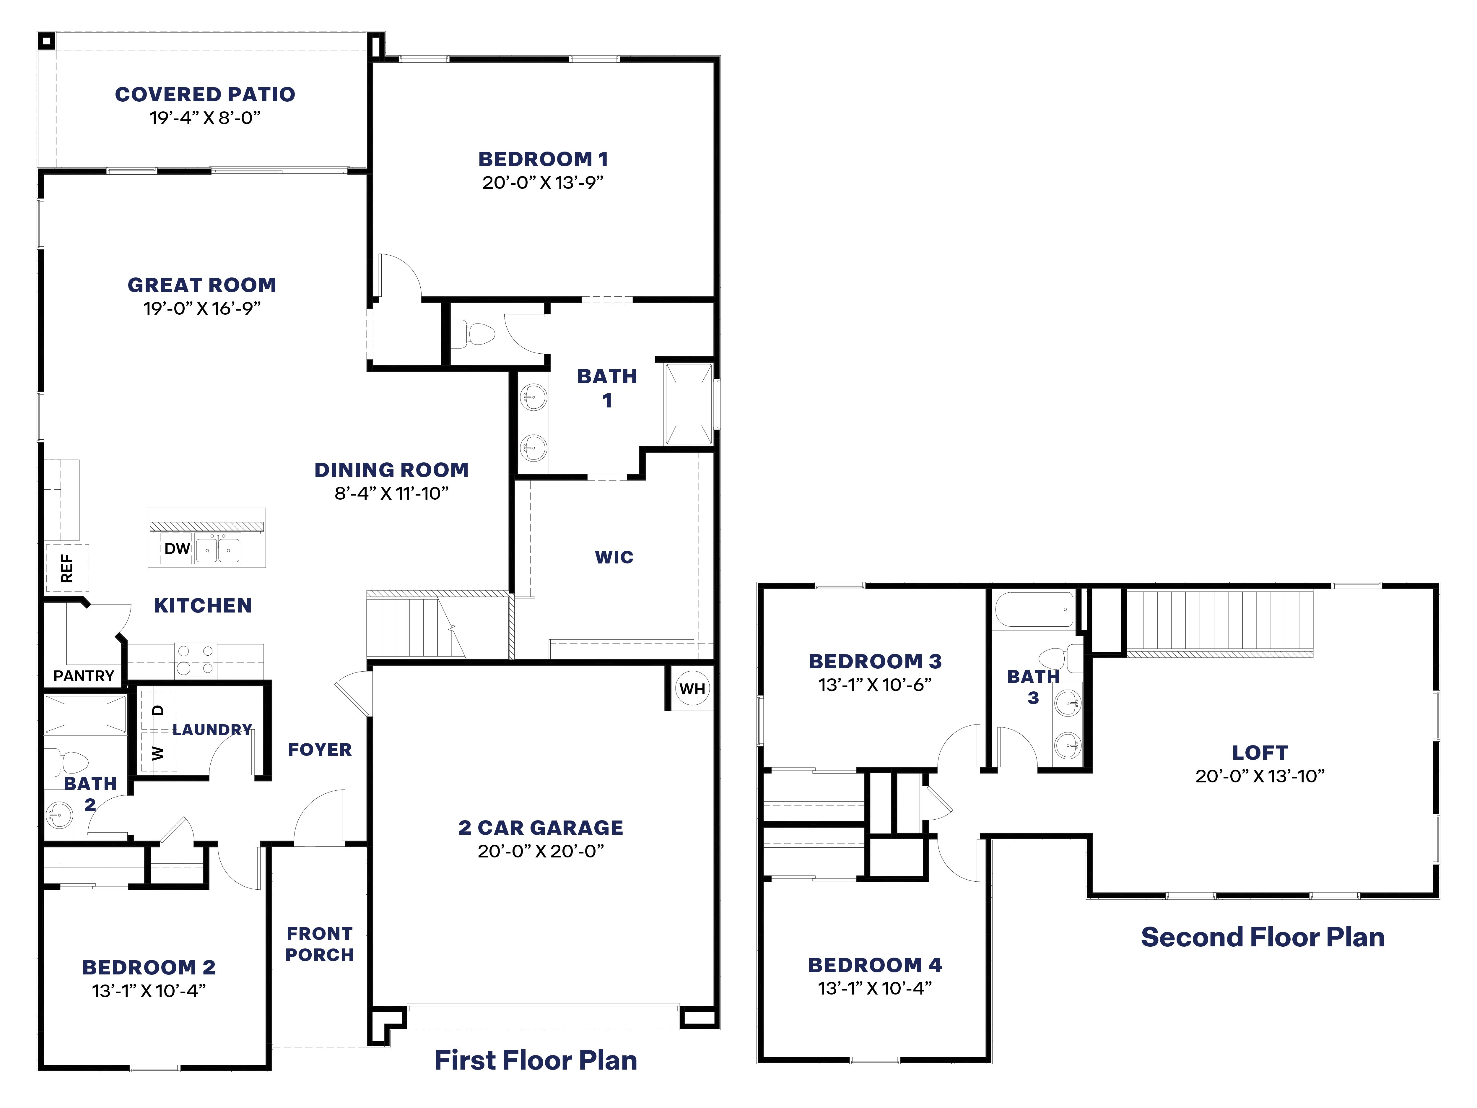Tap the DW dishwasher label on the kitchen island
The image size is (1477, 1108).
point(177,548)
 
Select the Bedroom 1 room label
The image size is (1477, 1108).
point(543,159)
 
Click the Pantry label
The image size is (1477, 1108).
point(84,676)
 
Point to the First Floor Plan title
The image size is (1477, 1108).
point(536,1060)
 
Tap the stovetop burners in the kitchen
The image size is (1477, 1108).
point(195,659)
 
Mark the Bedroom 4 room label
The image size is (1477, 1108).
point(875,965)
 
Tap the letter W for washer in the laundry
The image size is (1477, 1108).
point(157,753)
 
